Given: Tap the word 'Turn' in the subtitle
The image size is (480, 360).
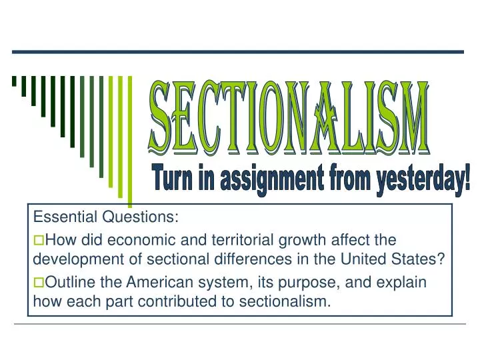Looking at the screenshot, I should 173,179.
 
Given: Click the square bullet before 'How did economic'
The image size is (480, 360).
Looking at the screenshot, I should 38,239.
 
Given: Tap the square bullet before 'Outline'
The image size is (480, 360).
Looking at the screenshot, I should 38,282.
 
